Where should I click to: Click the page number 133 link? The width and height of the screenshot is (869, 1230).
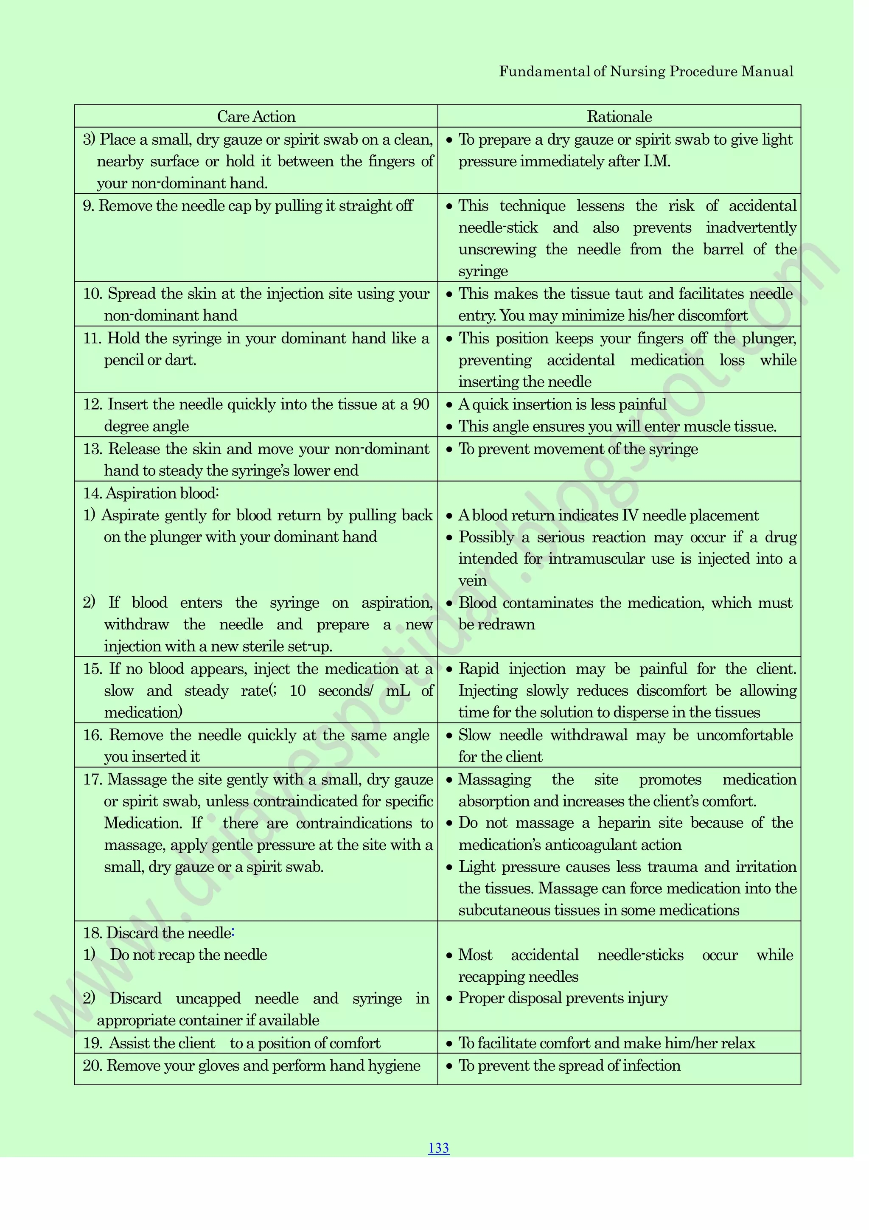click(438, 1148)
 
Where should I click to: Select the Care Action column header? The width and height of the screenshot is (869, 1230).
click(256, 117)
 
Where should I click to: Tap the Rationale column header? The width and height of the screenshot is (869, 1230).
click(619, 117)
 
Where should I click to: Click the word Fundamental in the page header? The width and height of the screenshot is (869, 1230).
click(544, 72)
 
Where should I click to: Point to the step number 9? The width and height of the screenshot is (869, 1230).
click(89, 206)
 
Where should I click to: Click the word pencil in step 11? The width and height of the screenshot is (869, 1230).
click(123, 360)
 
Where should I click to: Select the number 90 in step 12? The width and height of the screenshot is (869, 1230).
click(421, 404)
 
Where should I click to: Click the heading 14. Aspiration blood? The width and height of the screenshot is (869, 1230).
click(151, 493)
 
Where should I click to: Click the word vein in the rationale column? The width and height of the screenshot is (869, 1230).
click(472, 581)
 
